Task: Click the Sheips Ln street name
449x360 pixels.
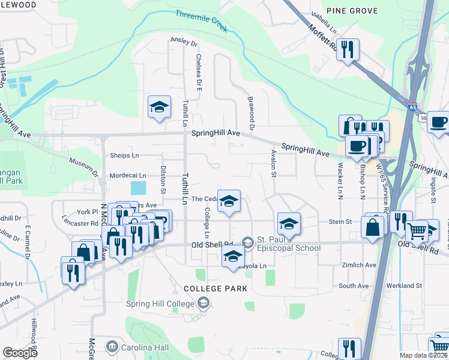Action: point(124,155)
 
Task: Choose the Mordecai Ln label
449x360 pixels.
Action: point(128,176)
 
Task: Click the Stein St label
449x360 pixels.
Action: point(340,221)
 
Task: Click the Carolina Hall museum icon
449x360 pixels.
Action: point(112,347)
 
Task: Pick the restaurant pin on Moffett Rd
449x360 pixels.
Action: point(348,49)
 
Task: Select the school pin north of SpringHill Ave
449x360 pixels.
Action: point(159,107)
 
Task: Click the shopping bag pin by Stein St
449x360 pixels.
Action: point(373,227)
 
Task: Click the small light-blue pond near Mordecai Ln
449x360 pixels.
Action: point(137,188)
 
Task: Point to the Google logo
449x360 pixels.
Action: point(20,353)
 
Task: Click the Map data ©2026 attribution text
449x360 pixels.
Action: point(424,355)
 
